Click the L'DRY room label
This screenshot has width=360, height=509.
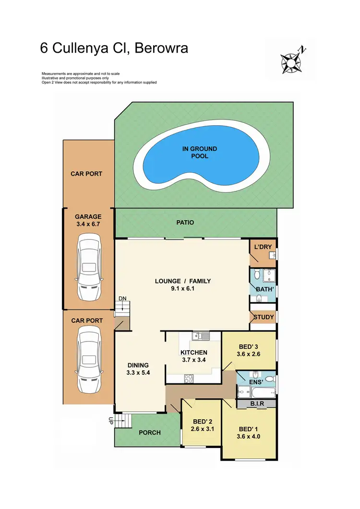click(263, 247)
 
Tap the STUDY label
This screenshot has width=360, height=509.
click(263, 317)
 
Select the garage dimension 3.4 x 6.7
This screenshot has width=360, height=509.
click(88, 224)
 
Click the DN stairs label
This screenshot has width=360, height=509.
click(122, 298)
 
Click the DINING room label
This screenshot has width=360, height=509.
click(138, 365)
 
